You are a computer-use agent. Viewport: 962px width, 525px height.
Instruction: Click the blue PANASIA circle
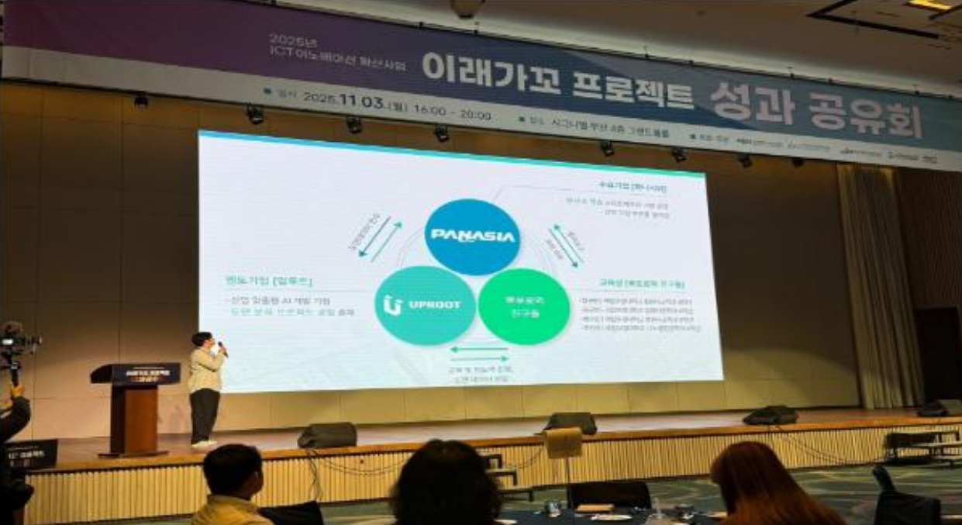[471, 236]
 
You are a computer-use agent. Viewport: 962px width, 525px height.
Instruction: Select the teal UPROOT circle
[425, 305]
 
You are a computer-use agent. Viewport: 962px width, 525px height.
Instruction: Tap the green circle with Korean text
[524, 306]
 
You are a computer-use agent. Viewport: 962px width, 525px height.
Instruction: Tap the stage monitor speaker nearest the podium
[327, 435]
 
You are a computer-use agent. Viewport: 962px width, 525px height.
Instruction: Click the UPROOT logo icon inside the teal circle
[391, 305]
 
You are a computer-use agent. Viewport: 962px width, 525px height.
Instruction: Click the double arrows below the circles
[479, 354]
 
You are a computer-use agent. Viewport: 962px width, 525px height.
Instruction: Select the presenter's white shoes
[204, 444]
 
